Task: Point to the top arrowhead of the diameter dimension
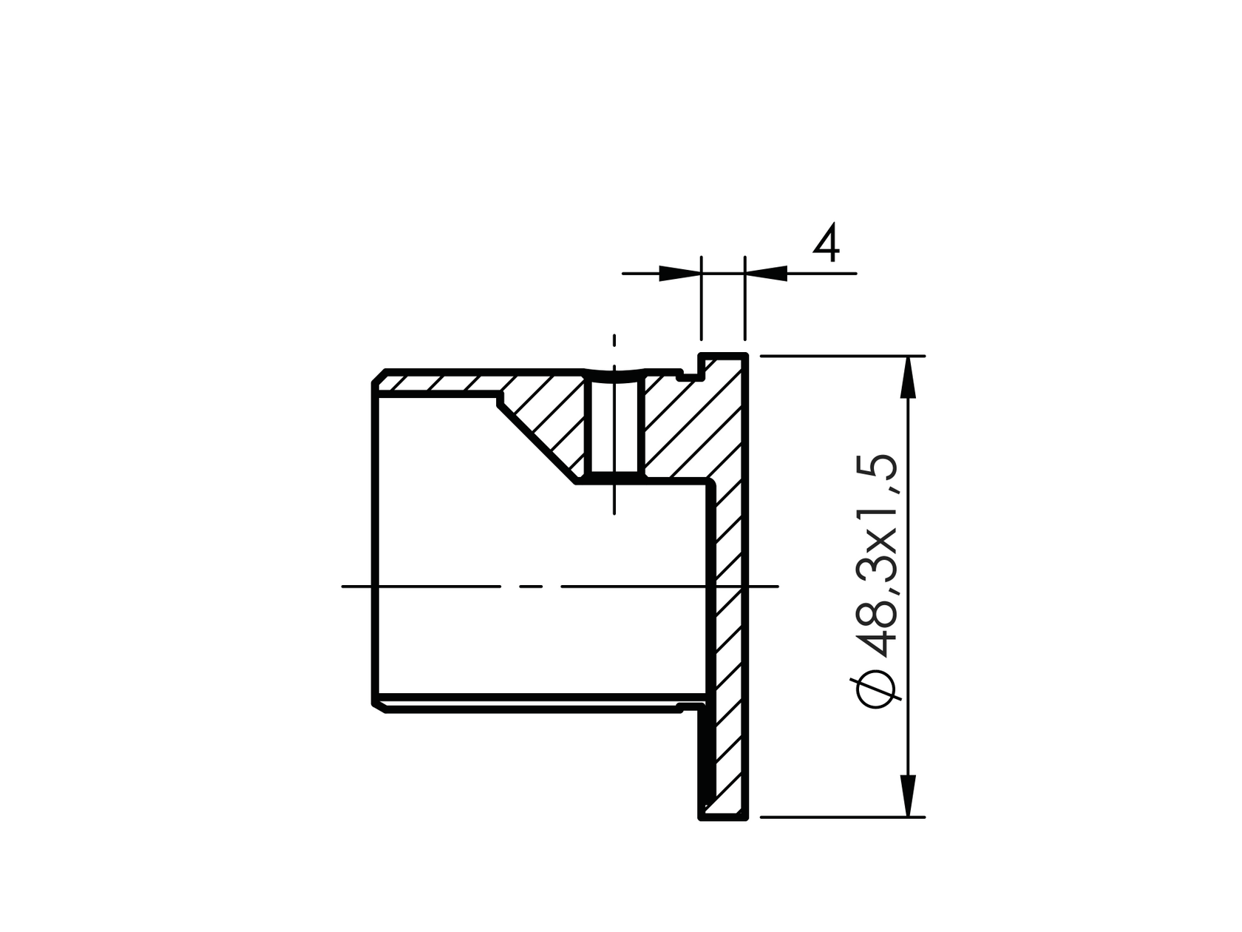tap(909, 377)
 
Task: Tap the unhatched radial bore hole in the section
tap(614, 429)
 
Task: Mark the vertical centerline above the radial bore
tap(614, 348)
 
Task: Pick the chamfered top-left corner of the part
tap(378, 376)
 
